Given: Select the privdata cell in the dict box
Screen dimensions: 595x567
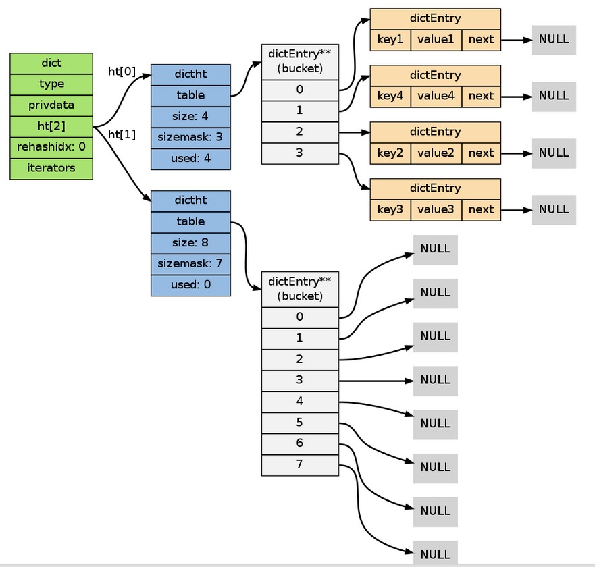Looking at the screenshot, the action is click(x=51, y=105).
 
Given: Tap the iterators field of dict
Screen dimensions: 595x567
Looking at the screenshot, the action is click(x=51, y=169).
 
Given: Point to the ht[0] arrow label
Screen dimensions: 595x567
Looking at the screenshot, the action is click(x=122, y=72).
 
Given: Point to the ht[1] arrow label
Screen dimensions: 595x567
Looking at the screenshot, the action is click(x=122, y=134).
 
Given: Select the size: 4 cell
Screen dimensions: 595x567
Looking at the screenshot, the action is click(x=190, y=117).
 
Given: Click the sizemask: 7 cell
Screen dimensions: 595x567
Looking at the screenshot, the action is click(x=190, y=264).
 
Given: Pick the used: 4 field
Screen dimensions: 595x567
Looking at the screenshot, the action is click(x=190, y=159).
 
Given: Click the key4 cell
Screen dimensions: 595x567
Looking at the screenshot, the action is click(x=390, y=97).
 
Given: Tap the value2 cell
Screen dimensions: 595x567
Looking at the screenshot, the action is click(x=436, y=153).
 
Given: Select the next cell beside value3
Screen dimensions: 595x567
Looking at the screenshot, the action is click(x=481, y=210).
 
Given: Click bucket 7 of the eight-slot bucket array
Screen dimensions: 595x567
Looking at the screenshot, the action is click(x=300, y=465).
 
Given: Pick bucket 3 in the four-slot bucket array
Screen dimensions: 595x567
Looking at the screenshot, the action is click(x=300, y=154).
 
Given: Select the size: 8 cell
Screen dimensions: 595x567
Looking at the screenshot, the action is click(x=190, y=243).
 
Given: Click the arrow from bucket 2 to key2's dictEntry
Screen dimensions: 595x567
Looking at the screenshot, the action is click(x=355, y=132).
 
